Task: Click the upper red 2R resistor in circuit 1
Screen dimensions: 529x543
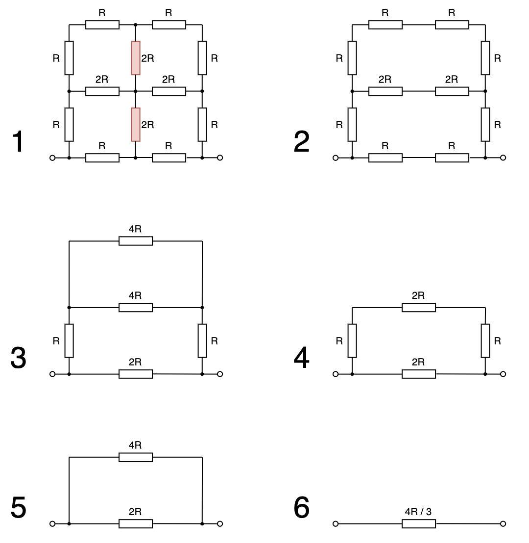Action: point(136,58)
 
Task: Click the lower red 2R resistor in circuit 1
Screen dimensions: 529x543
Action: point(136,125)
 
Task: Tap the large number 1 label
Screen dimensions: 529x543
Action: point(18,141)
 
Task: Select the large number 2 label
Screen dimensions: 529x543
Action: point(301,141)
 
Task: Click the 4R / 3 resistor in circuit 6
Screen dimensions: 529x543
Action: point(419,524)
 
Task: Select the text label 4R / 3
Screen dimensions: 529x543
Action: point(418,512)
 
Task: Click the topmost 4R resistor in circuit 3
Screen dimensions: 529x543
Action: point(136,241)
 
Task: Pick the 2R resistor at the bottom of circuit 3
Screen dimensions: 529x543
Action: point(136,374)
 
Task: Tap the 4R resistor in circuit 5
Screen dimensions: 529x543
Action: point(136,457)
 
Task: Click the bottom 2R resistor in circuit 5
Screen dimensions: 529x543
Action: point(136,524)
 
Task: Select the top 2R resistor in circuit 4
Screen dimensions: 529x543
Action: point(419,308)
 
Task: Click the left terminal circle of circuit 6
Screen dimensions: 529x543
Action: point(335,524)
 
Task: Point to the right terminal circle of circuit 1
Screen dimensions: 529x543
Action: point(220,158)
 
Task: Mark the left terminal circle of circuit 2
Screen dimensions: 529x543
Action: point(335,158)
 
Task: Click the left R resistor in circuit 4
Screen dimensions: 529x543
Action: point(352,341)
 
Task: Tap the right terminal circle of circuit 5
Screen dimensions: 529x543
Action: point(220,524)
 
